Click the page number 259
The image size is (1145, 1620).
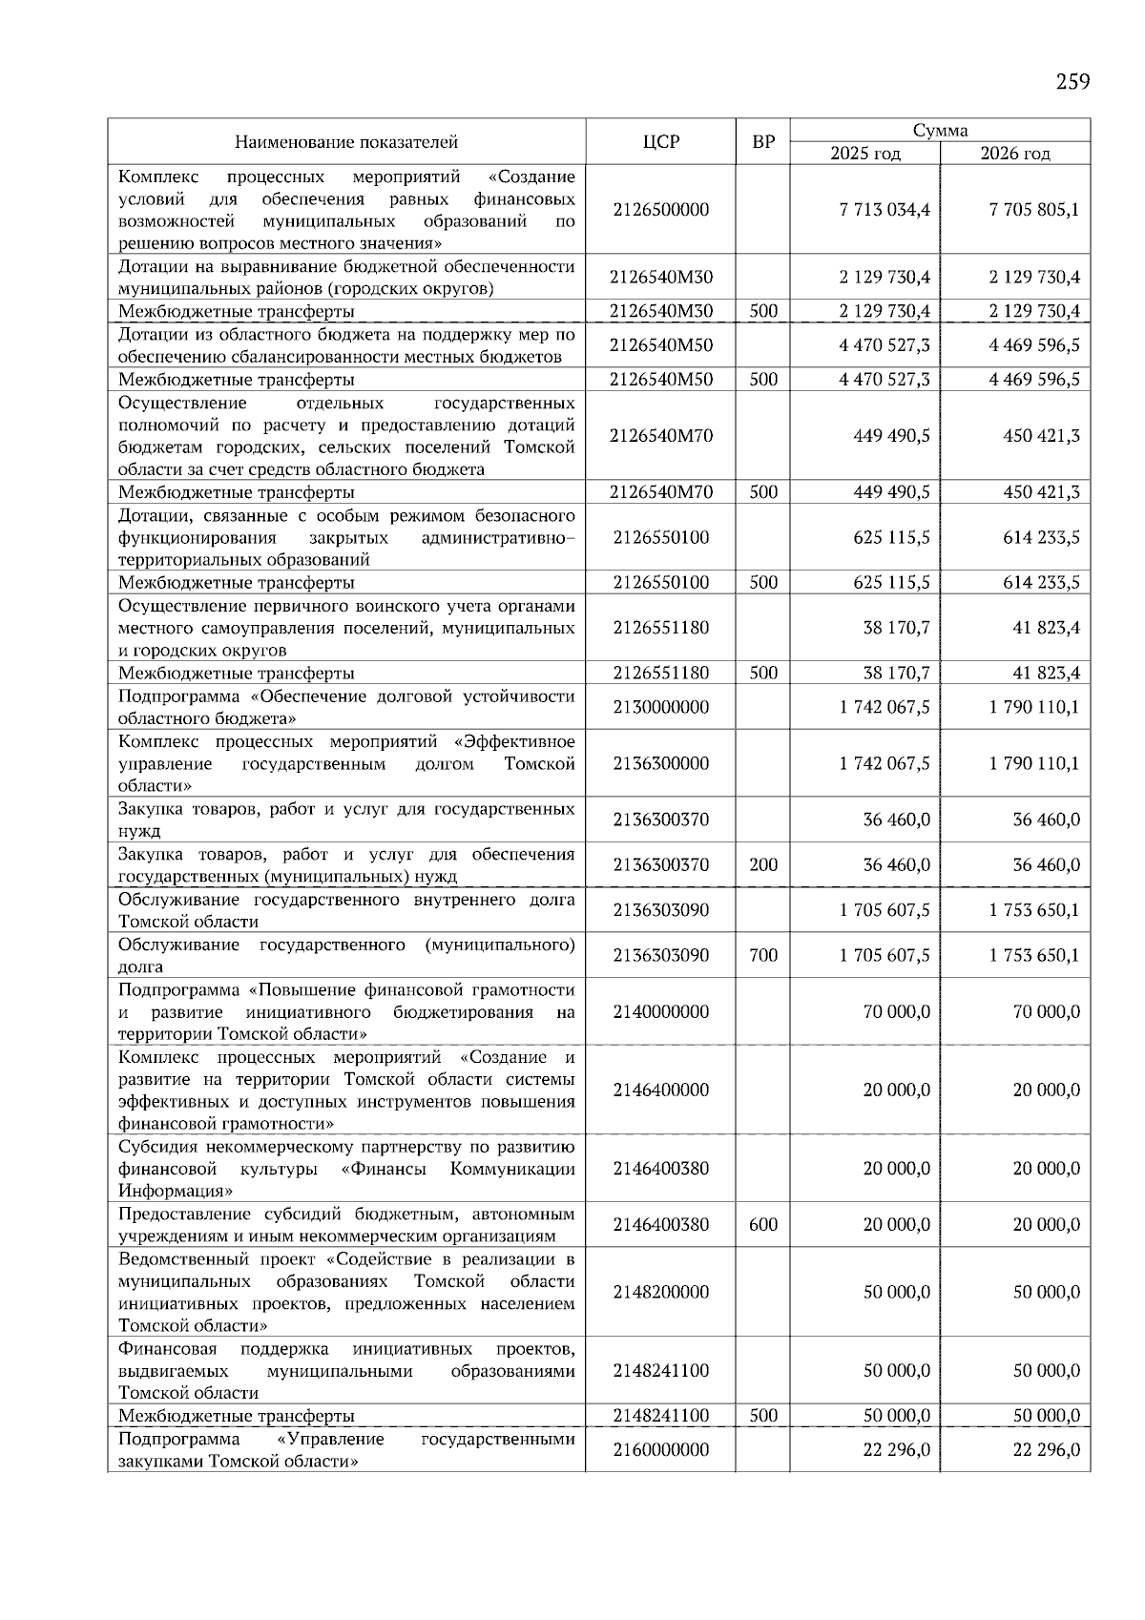point(1072,81)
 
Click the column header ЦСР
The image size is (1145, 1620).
point(660,142)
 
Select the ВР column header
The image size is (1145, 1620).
point(763,142)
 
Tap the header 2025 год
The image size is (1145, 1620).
point(864,154)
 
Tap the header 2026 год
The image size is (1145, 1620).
point(1015,154)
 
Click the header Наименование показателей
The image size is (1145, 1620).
point(346,142)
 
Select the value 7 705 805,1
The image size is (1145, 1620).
point(1034,210)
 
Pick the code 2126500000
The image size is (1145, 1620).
point(660,210)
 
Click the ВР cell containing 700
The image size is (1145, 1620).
point(763,955)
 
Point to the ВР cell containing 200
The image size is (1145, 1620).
point(763,865)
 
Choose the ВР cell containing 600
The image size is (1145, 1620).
point(763,1225)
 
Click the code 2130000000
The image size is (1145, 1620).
point(660,708)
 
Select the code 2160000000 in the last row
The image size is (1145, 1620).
point(660,1450)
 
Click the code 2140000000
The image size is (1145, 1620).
point(660,1012)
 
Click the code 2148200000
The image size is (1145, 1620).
point(660,1293)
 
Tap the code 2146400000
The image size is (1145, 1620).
point(660,1090)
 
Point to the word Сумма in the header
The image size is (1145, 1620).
point(940,131)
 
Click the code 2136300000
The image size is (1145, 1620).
point(660,764)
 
